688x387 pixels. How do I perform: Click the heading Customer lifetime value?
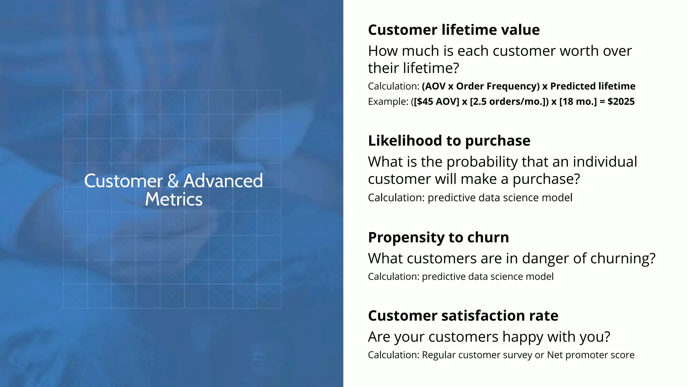coord(454,30)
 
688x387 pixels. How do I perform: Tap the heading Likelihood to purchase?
coord(449,141)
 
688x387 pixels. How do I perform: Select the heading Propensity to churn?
coord(438,238)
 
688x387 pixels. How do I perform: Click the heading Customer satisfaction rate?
coord(463,316)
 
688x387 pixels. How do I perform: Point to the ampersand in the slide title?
coord(173,181)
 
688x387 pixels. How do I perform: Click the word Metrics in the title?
coord(174,199)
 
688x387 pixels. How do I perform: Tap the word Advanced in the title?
coord(223,181)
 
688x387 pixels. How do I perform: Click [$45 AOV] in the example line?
coord(436,102)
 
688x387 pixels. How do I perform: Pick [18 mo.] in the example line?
coord(578,102)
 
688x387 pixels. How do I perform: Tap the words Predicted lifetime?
coord(593,86)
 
